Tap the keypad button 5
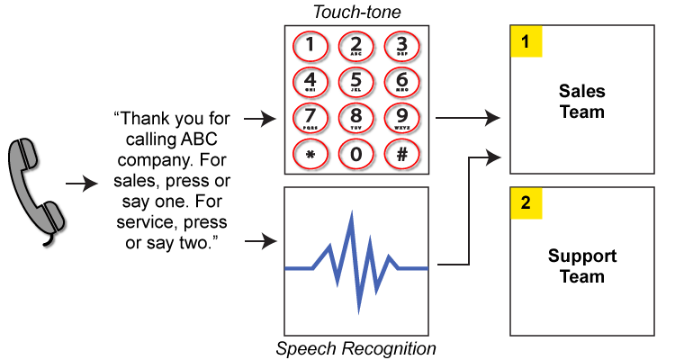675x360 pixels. [x=355, y=82]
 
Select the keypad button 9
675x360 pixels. [x=401, y=118]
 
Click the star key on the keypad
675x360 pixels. [x=310, y=154]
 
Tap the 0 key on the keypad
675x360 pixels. [x=355, y=154]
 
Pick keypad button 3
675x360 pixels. [x=401, y=46]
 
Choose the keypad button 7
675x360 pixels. [x=310, y=118]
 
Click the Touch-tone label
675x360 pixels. [x=356, y=11]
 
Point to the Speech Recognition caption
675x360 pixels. [x=355, y=348]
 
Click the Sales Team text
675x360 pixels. [x=581, y=102]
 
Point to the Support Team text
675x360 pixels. [x=581, y=265]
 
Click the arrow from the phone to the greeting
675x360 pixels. [x=82, y=184]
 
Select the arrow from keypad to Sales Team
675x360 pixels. [x=468, y=118]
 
